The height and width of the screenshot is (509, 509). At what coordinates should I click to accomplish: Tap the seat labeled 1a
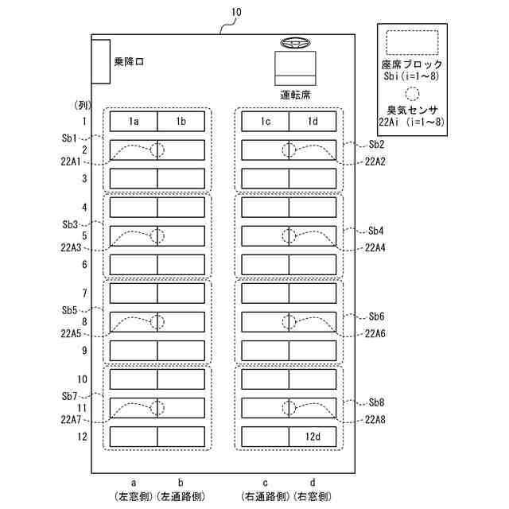pos(134,121)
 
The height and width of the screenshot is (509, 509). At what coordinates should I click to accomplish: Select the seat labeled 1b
pos(181,121)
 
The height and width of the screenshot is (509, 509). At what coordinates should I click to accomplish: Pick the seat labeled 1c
pos(265,121)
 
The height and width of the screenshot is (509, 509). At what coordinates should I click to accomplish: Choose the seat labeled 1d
pos(313,121)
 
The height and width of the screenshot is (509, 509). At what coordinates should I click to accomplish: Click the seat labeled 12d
pos(313,437)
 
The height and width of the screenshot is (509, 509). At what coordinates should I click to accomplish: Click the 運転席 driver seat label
pos(295,94)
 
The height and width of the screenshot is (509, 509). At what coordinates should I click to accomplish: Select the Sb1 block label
pos(69,138)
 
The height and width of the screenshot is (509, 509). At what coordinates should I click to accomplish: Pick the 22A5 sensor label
pos(70,334)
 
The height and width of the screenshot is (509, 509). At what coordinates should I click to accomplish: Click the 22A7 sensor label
pos(70,419)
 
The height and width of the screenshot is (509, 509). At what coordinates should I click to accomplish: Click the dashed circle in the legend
pos(411,92)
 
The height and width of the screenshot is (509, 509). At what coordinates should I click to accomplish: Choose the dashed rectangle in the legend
pos(411,42)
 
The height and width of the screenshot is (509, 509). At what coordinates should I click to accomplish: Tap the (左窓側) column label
pos(134,496)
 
